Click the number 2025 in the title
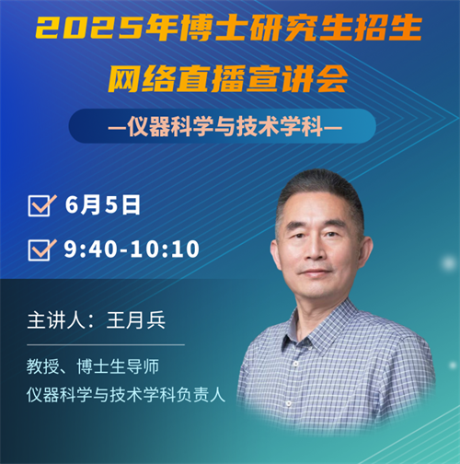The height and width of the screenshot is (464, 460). coord(89,29)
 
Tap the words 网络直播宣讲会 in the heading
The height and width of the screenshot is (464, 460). coord(228,78)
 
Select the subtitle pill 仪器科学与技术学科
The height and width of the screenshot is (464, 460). coord(223,126)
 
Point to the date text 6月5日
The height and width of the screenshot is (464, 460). coord(102,204)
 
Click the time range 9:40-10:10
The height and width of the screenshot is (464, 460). coord(132,249)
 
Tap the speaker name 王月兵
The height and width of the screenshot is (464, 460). coord(136,320)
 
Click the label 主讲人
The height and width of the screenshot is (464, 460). coord(56,320)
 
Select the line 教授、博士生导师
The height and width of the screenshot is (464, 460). coord(93,366)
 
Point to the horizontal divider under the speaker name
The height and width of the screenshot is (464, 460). coord(106,344)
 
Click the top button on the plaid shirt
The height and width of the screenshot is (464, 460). coord(296,364)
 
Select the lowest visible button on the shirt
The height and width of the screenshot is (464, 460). coord(288,402)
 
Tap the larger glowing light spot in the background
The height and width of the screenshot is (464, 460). coord(448,263)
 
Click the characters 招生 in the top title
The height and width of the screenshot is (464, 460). coord(388,29)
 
